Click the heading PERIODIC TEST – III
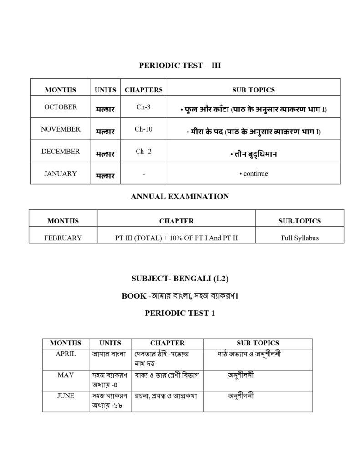tap(180, 66)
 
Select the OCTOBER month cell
tap(61, 107)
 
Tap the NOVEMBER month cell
tap(61, 129)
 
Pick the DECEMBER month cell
tap(61, 151)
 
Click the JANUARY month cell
tap(61, 173)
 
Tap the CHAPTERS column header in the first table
tap(143, 90)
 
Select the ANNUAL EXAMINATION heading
tap(180, 197)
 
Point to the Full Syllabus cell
tap(299, 238)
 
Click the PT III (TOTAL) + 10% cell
tap(176, 238)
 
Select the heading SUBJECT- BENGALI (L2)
tap(180, 278)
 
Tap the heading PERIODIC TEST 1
tap(180, 313)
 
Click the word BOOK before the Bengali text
tap(134, 296)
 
